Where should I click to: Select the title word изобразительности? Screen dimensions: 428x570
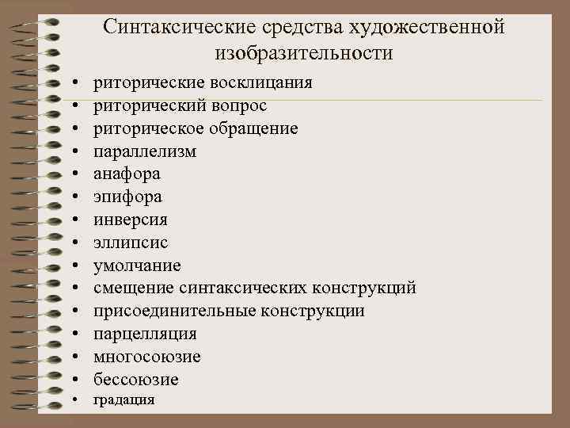[x=303, y=54]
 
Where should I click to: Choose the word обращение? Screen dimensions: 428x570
[x=253, y=128]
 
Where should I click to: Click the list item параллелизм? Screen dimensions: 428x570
[x=145, y=151]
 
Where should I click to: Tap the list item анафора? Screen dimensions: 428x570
[x=127, y=174]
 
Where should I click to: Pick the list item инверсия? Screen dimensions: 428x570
[x=131, y=220]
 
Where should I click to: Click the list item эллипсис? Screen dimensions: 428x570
[x=131, y=243]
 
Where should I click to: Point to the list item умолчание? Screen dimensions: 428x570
[x=137, y=266]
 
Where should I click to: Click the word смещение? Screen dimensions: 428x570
[x=134, y=288]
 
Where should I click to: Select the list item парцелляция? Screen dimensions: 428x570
[x=145, y=334]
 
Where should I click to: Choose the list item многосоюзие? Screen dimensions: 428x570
[x=147, y=357]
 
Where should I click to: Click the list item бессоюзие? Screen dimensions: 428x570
[x=136, y=380]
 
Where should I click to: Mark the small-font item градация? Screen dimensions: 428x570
[x=124, y=400]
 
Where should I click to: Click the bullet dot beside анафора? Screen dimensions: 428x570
[x=73, y=174]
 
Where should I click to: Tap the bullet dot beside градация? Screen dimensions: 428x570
[x=73, y=399]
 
